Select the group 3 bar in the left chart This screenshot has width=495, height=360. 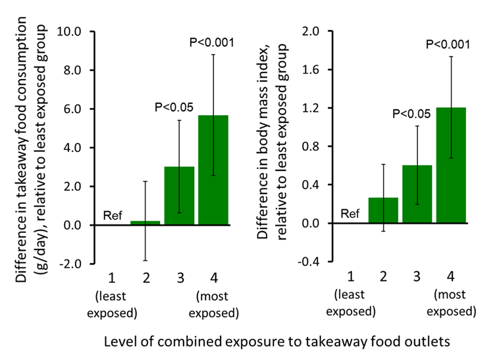(179, 195)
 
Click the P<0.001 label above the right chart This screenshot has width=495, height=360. (448, 45)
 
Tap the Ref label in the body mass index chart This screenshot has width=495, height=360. (350, 213)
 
